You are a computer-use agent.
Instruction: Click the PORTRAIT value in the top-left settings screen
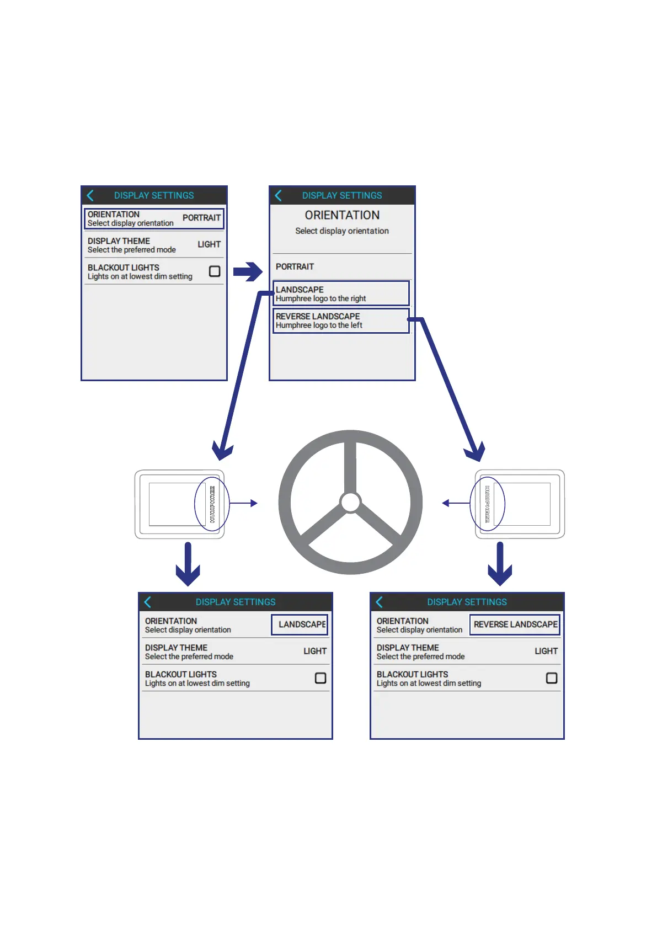click(201, 218)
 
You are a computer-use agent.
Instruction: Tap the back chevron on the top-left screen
click(90, 195)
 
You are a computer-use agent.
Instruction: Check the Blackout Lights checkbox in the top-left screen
click(215, 271)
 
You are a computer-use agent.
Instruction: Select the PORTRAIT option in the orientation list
click(295, 267)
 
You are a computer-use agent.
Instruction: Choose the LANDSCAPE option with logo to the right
click(341, 293)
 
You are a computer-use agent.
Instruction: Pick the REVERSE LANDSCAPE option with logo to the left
click(341, 321)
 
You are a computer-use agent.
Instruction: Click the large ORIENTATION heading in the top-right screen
click(342, 215)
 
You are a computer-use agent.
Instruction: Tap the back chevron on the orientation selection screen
click(279, 195)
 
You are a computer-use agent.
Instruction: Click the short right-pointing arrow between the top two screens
click(248, 271)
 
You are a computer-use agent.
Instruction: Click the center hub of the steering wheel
click(350, 503)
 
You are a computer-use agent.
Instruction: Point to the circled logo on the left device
click(212, 504)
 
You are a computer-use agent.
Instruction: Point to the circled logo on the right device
click(487, 504)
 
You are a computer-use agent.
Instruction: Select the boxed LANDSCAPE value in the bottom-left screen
click(301, 624)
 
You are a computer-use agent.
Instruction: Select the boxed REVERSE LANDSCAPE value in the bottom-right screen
click(515, 624)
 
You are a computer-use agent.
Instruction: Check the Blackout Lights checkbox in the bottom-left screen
click(321, 678)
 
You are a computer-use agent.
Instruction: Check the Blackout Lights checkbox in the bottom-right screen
click(552, 678)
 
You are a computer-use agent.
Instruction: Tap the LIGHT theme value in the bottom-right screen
click(546, 652)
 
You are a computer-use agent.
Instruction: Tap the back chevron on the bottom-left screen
click(148, 602)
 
